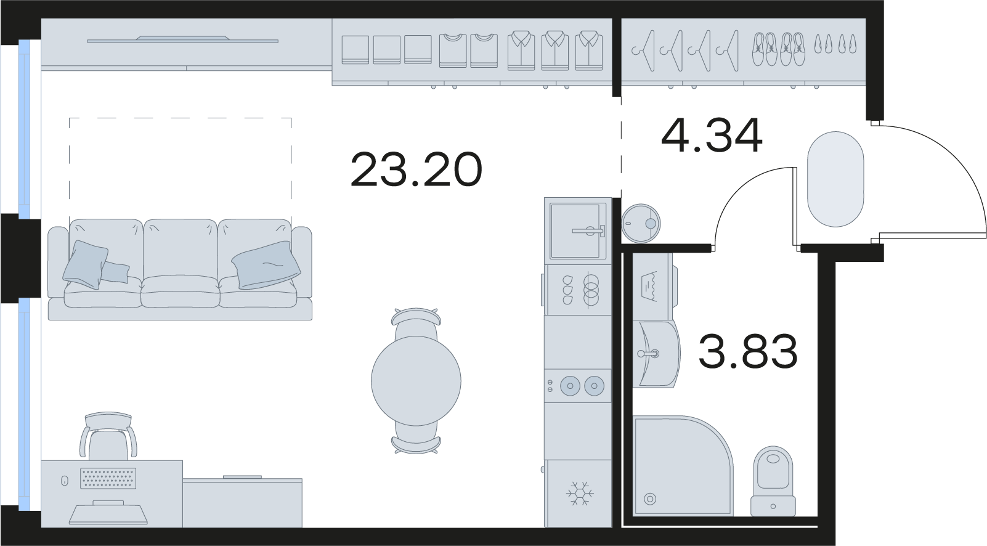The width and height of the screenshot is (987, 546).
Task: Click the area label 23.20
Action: click(416, 169)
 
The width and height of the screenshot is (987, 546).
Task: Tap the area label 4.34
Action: click(712, 136)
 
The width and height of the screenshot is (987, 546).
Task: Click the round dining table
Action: click(416, 381)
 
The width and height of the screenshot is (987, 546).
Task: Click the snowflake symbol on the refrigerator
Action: click(579, 493)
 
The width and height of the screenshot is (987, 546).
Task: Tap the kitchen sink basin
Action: click(575, 231)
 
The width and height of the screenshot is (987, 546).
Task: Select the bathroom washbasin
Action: click(657, 354)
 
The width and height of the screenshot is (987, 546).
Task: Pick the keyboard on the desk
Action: click(108, 478)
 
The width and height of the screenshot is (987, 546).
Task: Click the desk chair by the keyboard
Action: click(108, 437)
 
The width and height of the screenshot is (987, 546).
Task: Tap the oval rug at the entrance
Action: click(835, 179)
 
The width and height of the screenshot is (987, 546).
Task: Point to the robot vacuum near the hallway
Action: click(641, 224)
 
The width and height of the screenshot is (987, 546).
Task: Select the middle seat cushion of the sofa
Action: click(181, 291)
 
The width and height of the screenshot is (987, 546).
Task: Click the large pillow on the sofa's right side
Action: click(266, 265)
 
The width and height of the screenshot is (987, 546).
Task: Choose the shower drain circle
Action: click(650, 499)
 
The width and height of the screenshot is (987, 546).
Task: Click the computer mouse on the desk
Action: click(64, 481)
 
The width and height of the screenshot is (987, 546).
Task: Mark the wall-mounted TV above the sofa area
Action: click(182, 40)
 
